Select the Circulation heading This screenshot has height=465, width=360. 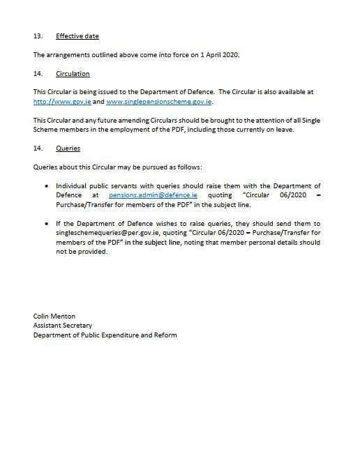coord(73,74)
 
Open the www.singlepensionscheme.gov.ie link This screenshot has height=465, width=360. coord(158,102)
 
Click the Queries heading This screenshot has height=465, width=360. coord(68,148)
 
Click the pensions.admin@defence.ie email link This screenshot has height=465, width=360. coord(153,196)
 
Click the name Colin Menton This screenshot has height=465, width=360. coord(55,316)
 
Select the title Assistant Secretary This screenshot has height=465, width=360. coord(63,326)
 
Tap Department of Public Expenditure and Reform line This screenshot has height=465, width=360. coord(105,335)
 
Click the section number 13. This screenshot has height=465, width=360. coord(38,35)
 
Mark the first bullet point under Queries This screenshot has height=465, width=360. coord(47,187)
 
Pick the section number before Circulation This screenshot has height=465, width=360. coord(38,74)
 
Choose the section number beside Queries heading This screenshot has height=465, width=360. coord(38,148)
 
